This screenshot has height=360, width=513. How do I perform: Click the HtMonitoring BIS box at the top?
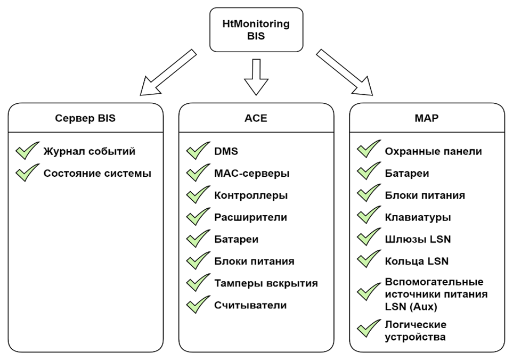(x=256, y=30)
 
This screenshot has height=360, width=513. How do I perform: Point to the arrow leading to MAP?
(x=345, y=71)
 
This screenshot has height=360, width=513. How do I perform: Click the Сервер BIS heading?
(x=85, y=118)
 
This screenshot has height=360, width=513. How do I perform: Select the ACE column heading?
(x=256, y=118)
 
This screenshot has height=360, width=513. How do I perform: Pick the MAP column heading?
(x=426, y=118)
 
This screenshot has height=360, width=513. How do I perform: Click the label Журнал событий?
(x=89, y=151)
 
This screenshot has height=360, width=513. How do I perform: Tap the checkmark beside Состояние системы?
(x=28, y=173)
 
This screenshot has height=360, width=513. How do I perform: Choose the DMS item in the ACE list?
(x=226, y=151)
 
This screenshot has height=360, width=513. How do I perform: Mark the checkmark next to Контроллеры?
(x=198, y=195)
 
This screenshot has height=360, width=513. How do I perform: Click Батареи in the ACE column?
(x=236, y=239)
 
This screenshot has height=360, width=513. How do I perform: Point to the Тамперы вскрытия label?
(x=266, y=283)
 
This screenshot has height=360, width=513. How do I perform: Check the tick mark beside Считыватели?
(x=198, y=305)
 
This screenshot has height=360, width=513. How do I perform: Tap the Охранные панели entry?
(x=433, y=151)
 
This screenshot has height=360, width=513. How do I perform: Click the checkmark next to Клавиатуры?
(x=369, y=217)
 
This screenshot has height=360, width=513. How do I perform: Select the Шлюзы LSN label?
(x=418, y=239)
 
